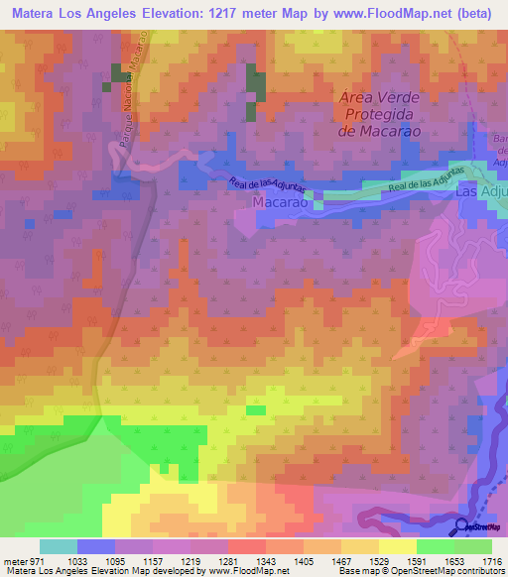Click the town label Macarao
pos(283,201)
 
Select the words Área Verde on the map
pos(379,98)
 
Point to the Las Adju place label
pos(481,193)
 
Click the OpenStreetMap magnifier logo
pos(462,525)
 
